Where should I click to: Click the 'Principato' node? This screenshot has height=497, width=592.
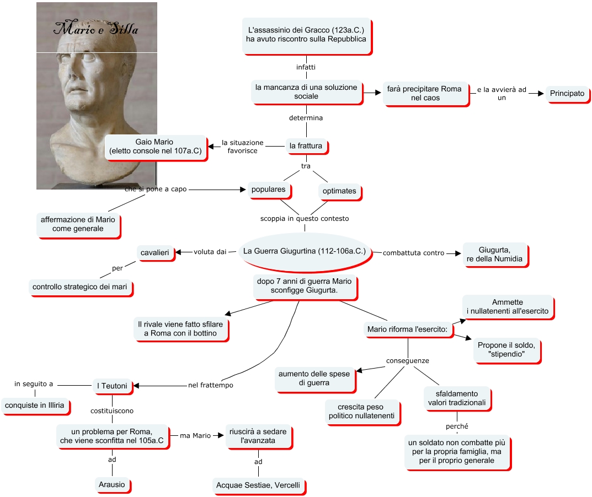[x=567, y=94]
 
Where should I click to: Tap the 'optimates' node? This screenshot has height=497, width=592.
[x=339, y=191]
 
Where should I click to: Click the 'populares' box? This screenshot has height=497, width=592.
[x=269, y=190]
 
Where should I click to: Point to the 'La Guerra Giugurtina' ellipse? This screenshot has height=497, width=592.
[x=305, y=251]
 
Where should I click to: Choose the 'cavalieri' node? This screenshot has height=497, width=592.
[x=157, y=252]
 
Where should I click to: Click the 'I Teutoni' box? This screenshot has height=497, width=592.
[x=113, y=386]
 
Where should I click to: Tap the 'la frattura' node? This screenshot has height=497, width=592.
[x=306, y=146]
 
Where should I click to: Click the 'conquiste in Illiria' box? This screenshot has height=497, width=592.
[x=35, y=406]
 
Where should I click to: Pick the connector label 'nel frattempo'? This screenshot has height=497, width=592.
[x=210, y=385]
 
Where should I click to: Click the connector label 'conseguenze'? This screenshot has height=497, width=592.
[x=407, y=361]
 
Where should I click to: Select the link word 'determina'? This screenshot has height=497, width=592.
[x=306, y=118]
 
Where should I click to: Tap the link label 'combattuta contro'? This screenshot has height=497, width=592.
[x=413, y=253]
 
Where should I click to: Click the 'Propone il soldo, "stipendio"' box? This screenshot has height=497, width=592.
[x=507, y=349]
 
